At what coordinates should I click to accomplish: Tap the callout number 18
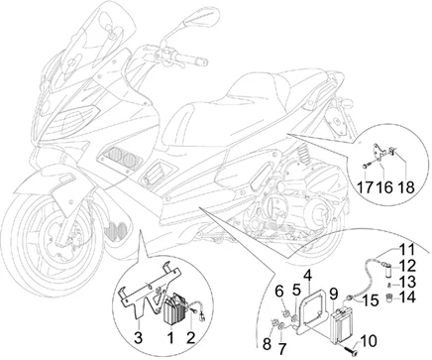coord(406,186)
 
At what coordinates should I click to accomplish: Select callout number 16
coord(384,186)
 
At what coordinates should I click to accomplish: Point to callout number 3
coord(139,337)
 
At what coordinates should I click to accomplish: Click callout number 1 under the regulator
coord(170,337)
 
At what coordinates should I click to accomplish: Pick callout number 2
coord(190,337)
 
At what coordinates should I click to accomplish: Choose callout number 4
coord(307,278)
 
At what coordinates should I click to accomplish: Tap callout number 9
coord(334,294)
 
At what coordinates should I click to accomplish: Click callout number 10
coord(369,341)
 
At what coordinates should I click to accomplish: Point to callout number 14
coord(408,297)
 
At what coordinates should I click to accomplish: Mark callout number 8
coord(267,344)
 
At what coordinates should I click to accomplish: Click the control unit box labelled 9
coord(344,322)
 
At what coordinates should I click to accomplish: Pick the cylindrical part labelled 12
coord(391,267)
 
